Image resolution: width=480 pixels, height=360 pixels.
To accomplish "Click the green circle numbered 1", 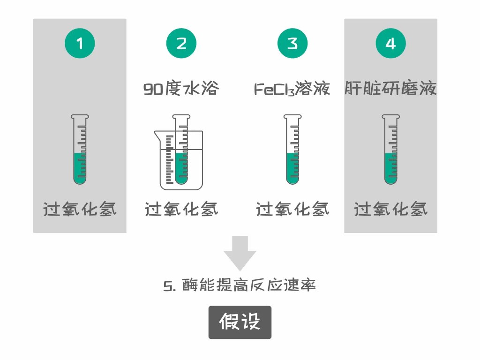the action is click(x=80, y=43).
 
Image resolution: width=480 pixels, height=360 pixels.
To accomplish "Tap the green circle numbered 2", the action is click(x=181, y=43).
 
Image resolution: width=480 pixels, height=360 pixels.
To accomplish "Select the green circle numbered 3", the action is click(x=292, y=43).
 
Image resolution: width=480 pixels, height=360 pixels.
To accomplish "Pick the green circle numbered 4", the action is click(x=390, y=43).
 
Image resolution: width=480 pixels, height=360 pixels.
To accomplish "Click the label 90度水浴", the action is click(x=181, y=88).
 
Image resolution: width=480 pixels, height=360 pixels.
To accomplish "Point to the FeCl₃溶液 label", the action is click(x=292, y=89).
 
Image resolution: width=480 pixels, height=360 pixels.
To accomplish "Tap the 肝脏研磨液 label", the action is click(x=390, y=88).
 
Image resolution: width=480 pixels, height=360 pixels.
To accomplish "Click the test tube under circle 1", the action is click(x=80, y=150).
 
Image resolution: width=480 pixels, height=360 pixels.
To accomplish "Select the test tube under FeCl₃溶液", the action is click(x=292, y=150).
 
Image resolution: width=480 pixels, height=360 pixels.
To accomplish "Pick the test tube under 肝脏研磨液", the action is click(x=390, y=150).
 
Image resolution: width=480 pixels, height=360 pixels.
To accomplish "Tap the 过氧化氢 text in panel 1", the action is click(x=80, y=210).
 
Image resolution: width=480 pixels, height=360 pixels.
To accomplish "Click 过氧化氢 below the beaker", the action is click(x=181, y=210).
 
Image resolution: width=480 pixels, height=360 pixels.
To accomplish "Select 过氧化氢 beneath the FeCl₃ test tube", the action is click(x=292, y=210).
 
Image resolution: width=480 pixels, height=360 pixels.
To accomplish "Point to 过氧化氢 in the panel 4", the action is click(x=390, y=210).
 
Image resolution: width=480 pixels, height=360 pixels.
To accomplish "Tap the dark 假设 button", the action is click(x=240, y=322).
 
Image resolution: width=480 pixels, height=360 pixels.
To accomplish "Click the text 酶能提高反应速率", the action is click(x=249, y=285).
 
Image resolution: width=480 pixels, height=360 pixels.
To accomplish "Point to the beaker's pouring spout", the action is click(x=157, y=134).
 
